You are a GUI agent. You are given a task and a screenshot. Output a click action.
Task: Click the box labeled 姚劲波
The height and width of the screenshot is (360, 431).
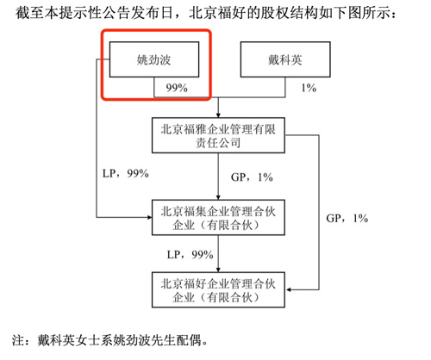154,59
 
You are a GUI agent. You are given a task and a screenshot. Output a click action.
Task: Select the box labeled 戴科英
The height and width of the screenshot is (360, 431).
285,59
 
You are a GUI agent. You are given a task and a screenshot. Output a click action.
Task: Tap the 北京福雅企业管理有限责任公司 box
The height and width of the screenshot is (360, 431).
218,135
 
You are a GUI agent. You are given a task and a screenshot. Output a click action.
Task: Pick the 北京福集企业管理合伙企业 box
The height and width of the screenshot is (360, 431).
218,218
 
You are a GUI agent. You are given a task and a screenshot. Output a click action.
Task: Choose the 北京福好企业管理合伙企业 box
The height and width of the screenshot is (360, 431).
218,290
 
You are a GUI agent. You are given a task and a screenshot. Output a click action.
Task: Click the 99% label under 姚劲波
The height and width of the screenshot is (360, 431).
177,88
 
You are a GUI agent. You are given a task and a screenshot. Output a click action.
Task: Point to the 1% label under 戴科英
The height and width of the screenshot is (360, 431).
309,88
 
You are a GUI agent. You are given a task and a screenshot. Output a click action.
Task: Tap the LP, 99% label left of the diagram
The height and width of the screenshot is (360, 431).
126,173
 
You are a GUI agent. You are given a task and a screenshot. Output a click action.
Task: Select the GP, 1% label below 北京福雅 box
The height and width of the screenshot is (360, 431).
252,177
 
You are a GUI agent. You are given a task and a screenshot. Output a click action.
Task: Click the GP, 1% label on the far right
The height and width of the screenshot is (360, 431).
347,218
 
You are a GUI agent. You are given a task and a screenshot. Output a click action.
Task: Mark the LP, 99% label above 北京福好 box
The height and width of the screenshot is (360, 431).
191,255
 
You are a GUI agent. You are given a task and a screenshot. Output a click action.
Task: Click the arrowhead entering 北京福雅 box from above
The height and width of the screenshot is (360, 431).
218,115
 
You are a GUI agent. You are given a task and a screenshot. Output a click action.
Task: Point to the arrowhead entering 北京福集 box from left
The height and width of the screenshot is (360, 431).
149,217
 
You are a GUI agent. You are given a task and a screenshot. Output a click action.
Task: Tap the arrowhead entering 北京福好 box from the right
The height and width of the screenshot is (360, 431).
288,290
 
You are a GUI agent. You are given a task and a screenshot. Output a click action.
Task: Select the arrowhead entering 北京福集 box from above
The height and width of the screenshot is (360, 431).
218,197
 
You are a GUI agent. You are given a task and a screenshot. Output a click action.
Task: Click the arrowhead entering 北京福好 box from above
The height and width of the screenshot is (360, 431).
218,270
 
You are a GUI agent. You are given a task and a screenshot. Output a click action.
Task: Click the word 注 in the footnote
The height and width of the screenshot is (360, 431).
18,340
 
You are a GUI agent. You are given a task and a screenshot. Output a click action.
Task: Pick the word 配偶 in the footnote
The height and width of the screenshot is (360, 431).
189,340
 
